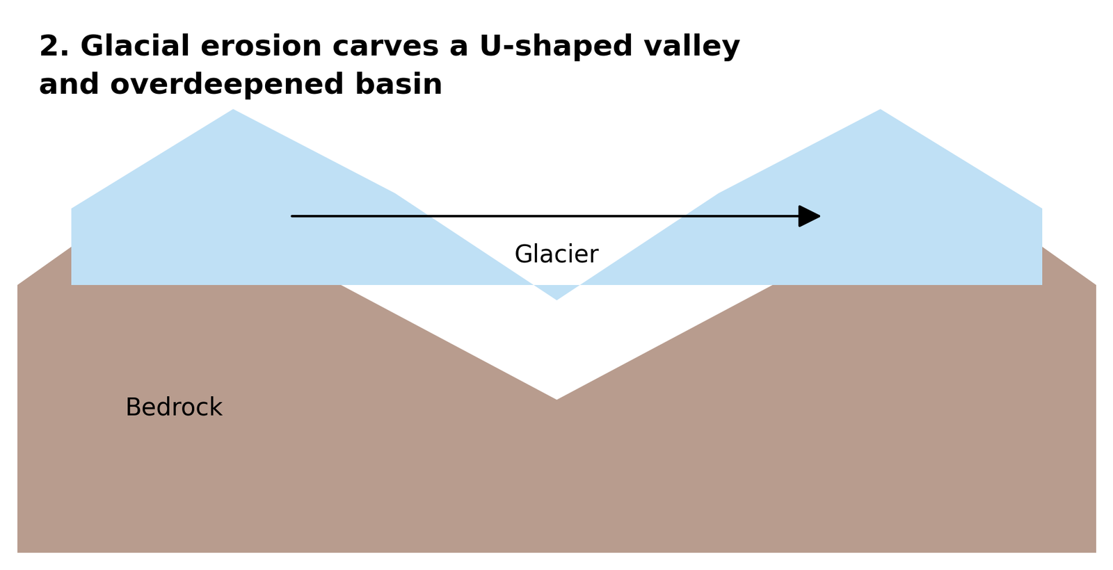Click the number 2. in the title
(54, 46)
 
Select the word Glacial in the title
(135, 46)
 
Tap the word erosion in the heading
(261, 46)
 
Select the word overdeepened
(227, 84)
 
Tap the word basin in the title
(399, 83)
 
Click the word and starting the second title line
(69, 83)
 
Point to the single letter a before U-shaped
(459, 49)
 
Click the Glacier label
(556, 254)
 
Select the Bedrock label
(174, 407)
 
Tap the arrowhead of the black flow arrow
(810, 216)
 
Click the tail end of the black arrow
(292, 216)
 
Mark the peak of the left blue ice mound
(233, 110)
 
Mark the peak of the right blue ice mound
(881, 110)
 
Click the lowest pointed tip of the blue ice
(556, 300)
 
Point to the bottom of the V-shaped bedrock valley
(556, 399)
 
